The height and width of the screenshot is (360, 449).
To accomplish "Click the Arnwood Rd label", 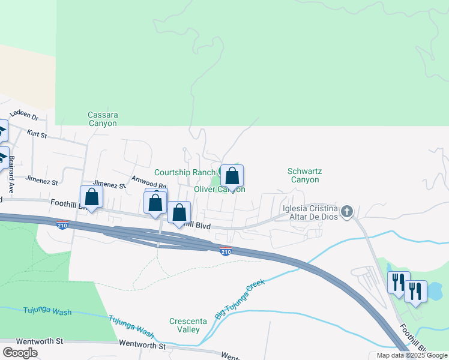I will [x=148, y=178].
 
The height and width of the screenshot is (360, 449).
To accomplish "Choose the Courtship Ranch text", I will [x=185, y=173].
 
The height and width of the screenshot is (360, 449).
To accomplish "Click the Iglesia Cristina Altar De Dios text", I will [x=310, y=212].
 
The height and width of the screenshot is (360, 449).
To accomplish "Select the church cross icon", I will [x=346, y=211].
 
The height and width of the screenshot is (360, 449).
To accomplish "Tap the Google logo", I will [x=19, y=353].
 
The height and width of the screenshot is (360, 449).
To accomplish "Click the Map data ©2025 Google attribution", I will [x=412, y=355].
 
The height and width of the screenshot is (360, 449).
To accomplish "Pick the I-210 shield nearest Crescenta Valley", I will [x=225, y=251].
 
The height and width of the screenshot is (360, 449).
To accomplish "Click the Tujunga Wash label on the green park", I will [x=47, y=311].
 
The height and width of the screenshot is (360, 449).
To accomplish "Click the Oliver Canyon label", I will [x=219, y=190].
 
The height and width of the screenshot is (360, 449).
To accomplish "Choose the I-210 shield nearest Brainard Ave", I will [x=62, y=226].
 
